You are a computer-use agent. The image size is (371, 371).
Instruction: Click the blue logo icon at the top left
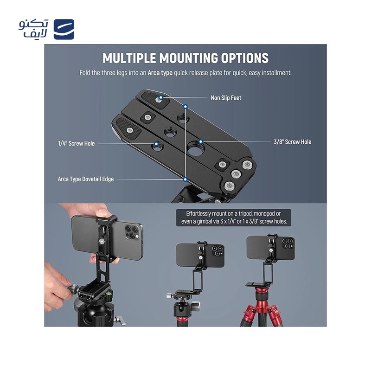64,29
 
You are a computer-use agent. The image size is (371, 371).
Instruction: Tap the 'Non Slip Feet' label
226,98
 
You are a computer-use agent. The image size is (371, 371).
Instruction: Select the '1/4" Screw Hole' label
76,143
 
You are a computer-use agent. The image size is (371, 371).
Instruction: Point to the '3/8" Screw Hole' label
293,142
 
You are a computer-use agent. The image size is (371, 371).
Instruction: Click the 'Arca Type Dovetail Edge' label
86,179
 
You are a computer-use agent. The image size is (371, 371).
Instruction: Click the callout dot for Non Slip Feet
160,97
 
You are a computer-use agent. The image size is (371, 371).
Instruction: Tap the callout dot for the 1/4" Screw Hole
156,143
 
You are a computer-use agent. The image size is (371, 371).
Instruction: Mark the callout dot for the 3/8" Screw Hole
201,141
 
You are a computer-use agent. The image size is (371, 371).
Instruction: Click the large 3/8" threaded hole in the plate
195,148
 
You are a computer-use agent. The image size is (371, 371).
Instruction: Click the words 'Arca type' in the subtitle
160,73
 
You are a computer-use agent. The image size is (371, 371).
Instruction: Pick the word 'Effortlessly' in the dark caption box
198,214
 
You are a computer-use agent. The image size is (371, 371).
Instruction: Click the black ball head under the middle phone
183,307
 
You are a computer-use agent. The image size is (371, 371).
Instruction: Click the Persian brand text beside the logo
33,29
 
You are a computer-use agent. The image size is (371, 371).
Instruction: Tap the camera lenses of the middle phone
217,251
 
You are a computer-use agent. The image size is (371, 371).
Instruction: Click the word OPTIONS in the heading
245,58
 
